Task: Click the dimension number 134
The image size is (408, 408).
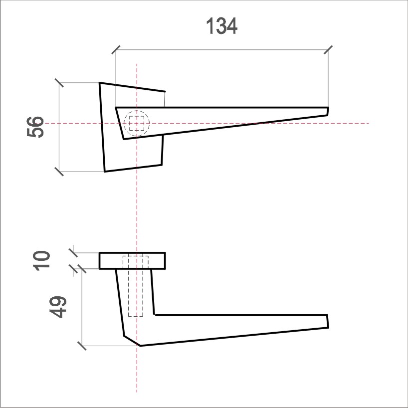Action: pyautogui.click(x=222, y=26)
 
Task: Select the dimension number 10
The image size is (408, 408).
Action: pyautogui.click(x=43, y=260)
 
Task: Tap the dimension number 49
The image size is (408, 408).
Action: pyautogui.click(x=58, y=307)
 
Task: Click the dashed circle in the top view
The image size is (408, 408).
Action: pyautogui.click(x=136, y=123)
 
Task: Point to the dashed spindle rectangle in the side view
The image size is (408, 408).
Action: pyautogui.click(x=135, y=287)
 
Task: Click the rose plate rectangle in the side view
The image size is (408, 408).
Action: pyautogui.click(x=132, y=261)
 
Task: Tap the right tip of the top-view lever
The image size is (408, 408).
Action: pyautogui.click(x=328, y=111)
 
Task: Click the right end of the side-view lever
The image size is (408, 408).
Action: pyautogui.click(x=327, y=321)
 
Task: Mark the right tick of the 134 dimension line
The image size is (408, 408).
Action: pyautogui.click(x=328, y=49)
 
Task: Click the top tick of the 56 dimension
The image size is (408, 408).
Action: pyautogui.click(x=59, y=82)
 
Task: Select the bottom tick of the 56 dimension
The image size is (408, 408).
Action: pyautogui.click(x=59, y=172)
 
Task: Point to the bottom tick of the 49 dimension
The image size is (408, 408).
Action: pyautogui.click(x=82, y=345)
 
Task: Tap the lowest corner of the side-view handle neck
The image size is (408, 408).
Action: pyautogui.click(x=140, y=345)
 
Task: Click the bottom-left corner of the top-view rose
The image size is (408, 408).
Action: pyautogui.click(x=105, y=171)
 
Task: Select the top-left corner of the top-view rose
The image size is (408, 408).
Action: pyautogui.click(x=100, y=83)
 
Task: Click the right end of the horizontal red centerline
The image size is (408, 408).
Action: pyautogui.click(x=368, y=123)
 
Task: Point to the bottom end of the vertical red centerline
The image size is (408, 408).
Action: pyautogui.click(x=136, y=392)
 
